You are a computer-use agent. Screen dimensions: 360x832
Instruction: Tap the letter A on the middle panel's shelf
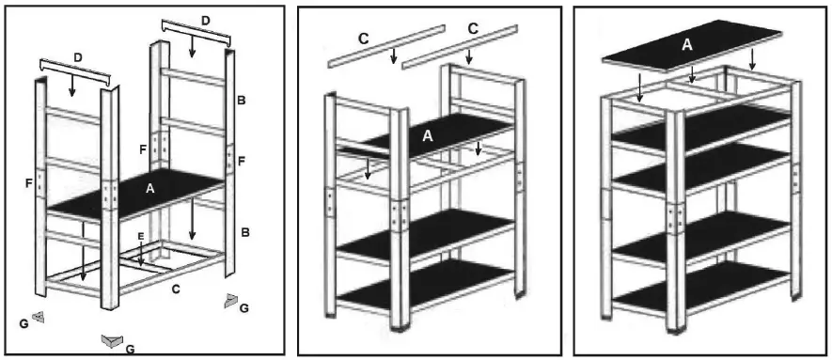(428, 136)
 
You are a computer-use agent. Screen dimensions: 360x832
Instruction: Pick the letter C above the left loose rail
(363, 39)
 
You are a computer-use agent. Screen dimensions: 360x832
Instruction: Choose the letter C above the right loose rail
(473, 29)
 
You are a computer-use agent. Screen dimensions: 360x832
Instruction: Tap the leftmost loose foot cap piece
(39, 317)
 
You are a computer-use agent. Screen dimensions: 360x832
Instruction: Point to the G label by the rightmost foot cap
(245, 308)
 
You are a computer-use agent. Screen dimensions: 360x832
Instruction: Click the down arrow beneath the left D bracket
(73, 86)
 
